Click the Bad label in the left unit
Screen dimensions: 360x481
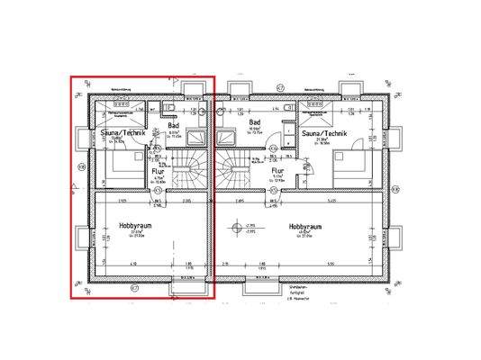click(x=176, y=126)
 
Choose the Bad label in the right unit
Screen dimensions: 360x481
click(x=254, y=120)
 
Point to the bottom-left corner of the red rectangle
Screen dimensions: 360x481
click(x=71, y=296)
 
